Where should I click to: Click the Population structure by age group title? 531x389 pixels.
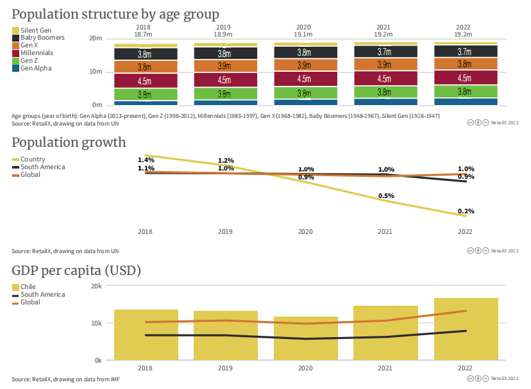point(115,14)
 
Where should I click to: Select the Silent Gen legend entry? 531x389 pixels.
point(36,30)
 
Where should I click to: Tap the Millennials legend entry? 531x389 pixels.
point(37,53)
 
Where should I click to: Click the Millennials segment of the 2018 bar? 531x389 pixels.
point(145,81)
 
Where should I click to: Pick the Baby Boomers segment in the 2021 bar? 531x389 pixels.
point(384,51)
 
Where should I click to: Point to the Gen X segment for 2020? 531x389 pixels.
point(304,65)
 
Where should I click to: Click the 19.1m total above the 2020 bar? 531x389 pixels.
point(304,34)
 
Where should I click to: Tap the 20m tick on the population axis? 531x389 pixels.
point(96,38)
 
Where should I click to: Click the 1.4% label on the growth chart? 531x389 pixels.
point(146,160)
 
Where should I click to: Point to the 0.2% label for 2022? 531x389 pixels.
point(466,211)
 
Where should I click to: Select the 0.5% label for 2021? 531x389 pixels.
point(386,195)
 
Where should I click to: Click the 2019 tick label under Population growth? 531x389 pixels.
point(225,231)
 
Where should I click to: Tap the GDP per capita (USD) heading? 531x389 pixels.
point(76,270)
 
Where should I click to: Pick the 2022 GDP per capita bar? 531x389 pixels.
point(466,329)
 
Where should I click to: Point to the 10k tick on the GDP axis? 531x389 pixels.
point(95,323)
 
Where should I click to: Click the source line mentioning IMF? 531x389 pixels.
point(65,379)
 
